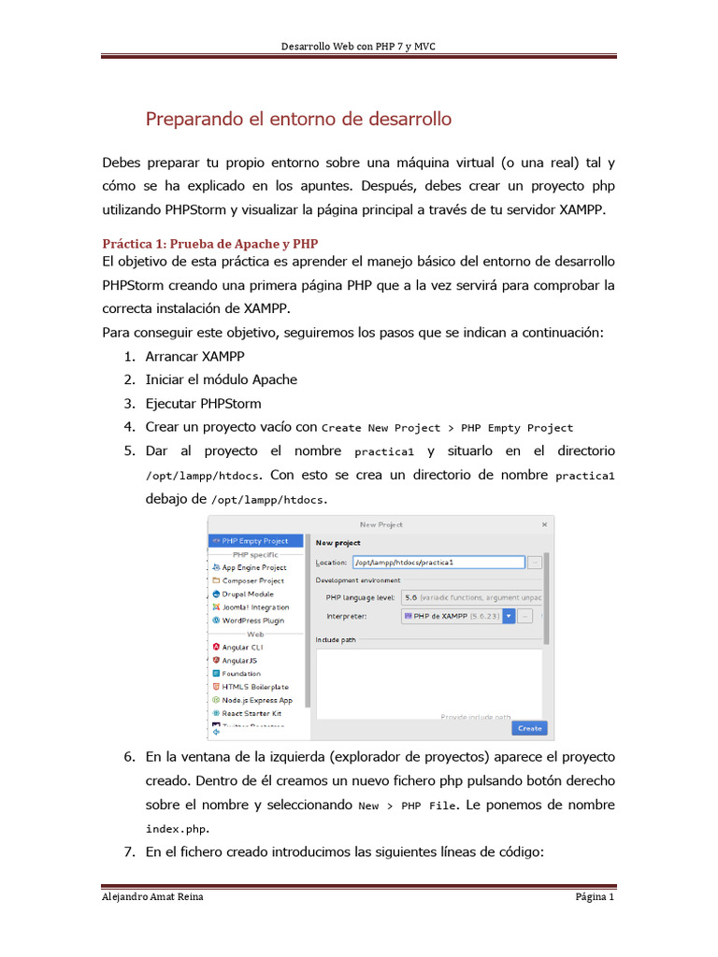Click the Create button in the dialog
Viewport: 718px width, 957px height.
[529, 728]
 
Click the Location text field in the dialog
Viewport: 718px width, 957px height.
[438, 563]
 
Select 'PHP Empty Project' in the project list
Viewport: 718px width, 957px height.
[255, 540]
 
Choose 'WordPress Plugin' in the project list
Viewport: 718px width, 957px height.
[252, 620]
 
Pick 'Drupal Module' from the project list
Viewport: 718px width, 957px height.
[248, 593]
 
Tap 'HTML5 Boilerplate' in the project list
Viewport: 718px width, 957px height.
[254, 686]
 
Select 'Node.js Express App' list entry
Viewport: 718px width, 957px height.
[256, 699]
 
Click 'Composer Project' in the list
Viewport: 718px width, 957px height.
[252, 580]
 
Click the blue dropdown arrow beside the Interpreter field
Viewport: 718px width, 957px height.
[509, 616]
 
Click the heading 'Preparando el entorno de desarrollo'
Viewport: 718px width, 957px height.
[298, 120]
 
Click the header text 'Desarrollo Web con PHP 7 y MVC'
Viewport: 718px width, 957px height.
[359, 48]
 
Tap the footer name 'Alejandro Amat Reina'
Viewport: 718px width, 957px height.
[152, 897]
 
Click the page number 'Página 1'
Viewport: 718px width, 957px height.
[595, 897]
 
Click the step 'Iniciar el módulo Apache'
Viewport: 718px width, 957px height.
[221, 379]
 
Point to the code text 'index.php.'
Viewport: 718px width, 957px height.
[178, 829]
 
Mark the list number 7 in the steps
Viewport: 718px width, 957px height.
[129, 852]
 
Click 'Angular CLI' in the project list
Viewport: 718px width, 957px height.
[242, 647]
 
